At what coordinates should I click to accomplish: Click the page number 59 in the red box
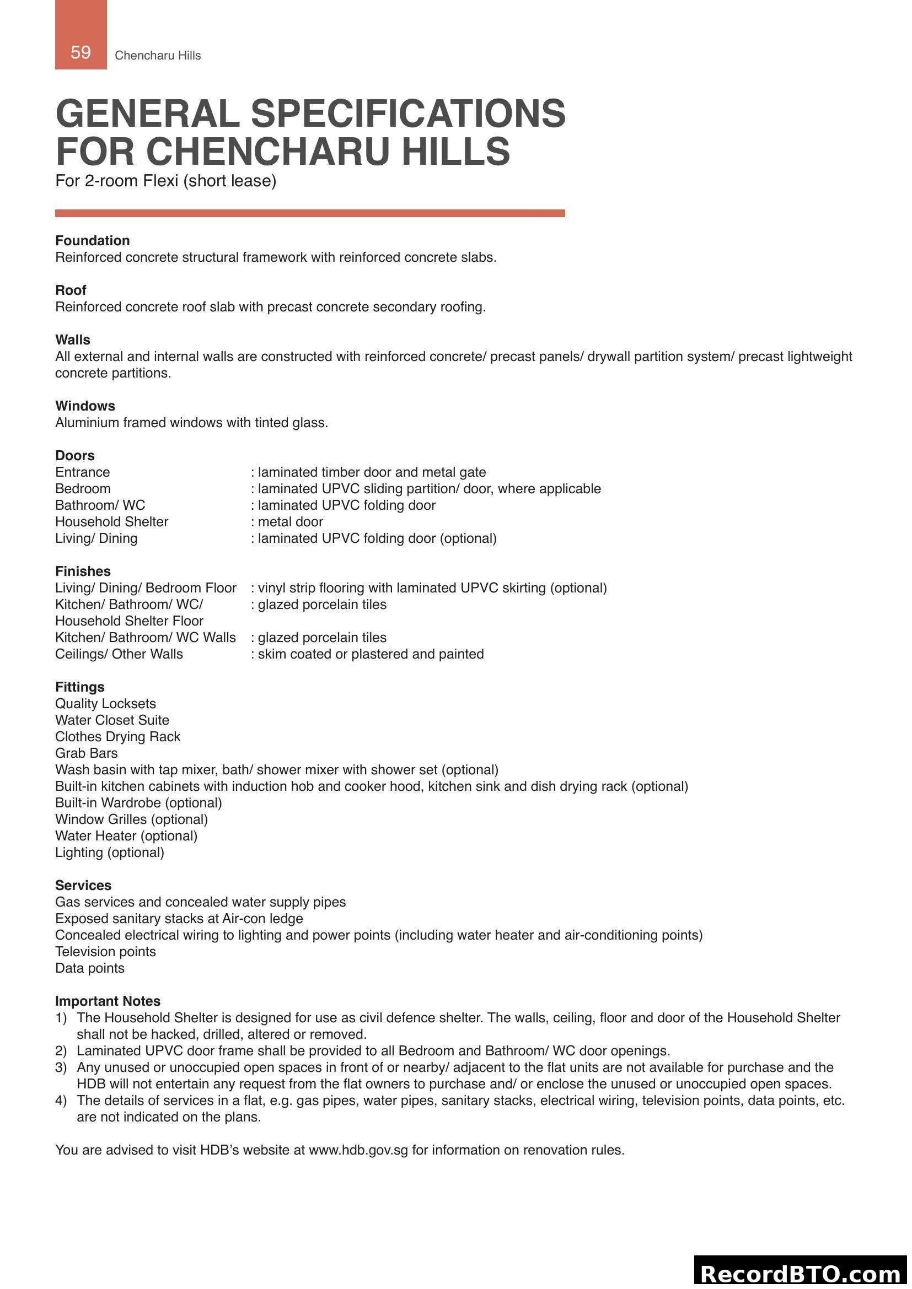tap(81, 52)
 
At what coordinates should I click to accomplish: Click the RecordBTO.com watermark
tap(801, 1273)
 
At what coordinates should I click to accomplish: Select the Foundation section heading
tap(92, 240)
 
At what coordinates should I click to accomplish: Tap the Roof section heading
tap(70, 290)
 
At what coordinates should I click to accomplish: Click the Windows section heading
tap(85, 406)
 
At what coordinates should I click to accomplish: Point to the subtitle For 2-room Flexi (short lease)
tap(165, 181)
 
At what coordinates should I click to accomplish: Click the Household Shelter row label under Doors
tap(111, 521)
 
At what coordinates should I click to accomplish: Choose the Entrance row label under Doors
tap(82, 472)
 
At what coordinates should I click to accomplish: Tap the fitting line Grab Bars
tap(86, 753)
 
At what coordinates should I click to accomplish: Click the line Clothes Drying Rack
tap(117, 736)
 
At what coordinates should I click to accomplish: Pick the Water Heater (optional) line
tap(126, 835)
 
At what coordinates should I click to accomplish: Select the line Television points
tap(105, 951)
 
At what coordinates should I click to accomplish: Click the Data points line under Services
tap(89, 968)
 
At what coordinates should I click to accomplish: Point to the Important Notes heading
tap(108, 1001)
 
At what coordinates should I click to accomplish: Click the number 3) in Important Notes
tap(61, 1067)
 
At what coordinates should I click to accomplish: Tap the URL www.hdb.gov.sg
tap(358, 1150)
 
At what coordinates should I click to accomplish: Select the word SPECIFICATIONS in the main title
tap(407, 114)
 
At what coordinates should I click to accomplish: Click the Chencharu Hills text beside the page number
tap(157, 55)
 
